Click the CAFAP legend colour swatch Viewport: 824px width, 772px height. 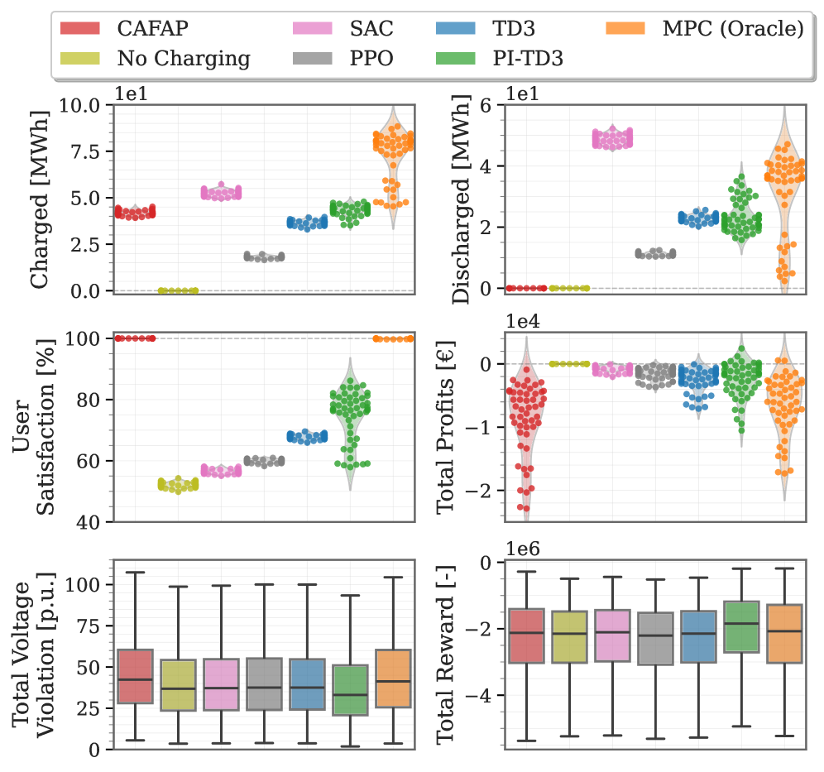tap(80, 29)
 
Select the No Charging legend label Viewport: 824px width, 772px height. tap(183, 58)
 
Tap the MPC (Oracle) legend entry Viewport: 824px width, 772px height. tap(732, 29)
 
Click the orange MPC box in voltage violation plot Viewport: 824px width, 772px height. tap(393, 678)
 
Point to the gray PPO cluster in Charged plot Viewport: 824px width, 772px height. tap(264, 257)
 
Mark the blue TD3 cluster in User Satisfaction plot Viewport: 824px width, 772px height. tap(307, 436)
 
